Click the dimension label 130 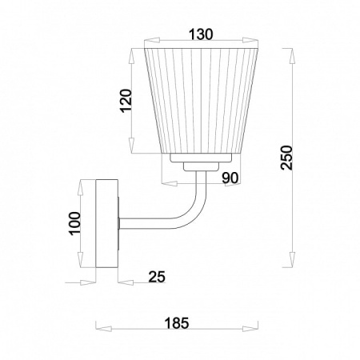pos(201,34)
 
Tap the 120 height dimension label pos(126,101)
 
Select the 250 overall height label pos(286,158)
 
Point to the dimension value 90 pos(230,178)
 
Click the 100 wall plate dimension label pos(75,223)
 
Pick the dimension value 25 pos(157,277)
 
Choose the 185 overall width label pos(177,323)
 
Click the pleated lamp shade pos(201,101)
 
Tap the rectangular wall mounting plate pos(106,223)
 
